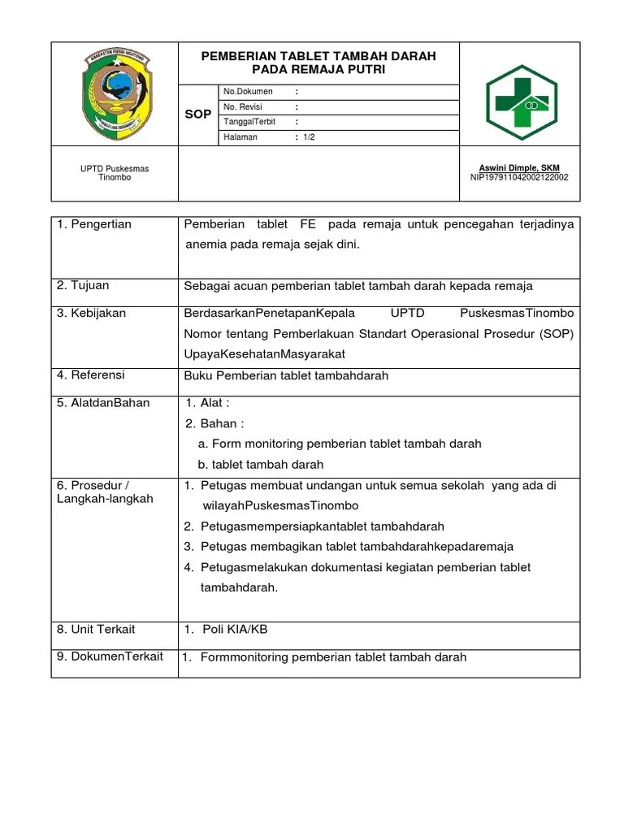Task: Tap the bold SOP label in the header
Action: pos(197,115)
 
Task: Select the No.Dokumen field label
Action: pos(248,92)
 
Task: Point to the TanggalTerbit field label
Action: pos(249,122)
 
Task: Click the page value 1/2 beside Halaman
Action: pos(309,137)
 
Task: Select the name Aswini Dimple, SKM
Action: pos(519,167)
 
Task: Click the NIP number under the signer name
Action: pos(519,177)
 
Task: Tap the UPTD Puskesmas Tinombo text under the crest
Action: pos(115,173)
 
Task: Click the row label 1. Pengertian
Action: pos(94,224)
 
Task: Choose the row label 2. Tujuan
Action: pos(83,286)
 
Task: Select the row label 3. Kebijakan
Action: pos(91,313)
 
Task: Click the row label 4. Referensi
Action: pos(91,375)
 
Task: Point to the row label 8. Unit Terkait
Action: pos(96,630)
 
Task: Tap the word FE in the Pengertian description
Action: pos(308,224)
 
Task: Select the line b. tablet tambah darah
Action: pos(261,465)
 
